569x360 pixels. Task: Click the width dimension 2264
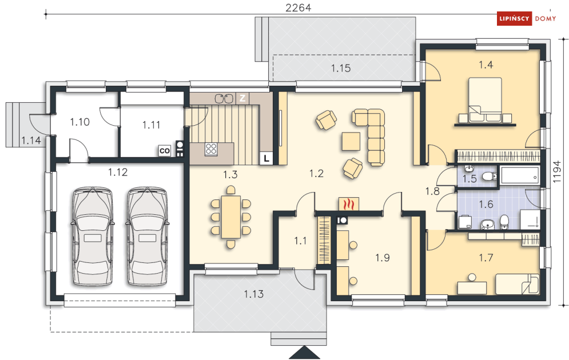point(298,7)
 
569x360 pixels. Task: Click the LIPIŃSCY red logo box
point(514,18)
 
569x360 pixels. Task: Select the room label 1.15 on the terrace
point(341,68)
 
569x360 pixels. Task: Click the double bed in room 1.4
point(485,99)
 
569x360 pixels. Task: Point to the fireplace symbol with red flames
point(349,204)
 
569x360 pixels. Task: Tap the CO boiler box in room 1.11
point(164,150)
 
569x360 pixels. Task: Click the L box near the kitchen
point(266,158)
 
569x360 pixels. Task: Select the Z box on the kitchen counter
point(242,98)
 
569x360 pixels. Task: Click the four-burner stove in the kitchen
point(211,149)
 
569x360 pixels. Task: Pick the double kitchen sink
point(224,98)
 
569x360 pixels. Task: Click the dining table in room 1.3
point(231,217)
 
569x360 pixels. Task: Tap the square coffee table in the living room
point(351,141)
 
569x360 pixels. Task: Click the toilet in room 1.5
point(490,176)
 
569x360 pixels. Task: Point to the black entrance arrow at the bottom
point(304,352)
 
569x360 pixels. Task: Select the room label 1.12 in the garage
point(118,172)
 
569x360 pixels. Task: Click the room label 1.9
point(382,258)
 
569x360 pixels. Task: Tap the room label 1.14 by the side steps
point(31,141)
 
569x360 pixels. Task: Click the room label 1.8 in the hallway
point(432,191)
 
